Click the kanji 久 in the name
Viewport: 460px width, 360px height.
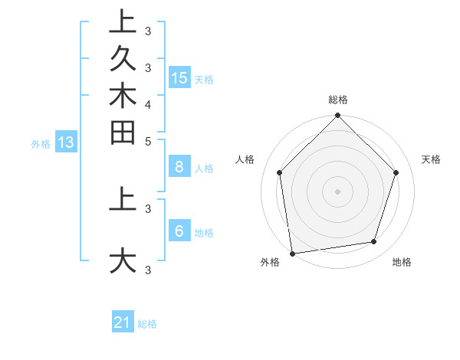(x=123, y=60)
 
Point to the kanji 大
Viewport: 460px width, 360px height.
(x=123, y=260)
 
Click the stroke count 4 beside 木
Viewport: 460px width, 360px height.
(x=148, y=104)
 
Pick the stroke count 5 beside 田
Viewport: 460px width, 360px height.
(x=148, y=142)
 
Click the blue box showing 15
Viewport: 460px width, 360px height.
(x=179, y=78)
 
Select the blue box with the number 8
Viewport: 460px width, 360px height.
(x=179, y=167)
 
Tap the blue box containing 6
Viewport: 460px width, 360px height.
(x=179, y=231)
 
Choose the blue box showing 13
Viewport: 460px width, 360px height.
(x=66, y=142)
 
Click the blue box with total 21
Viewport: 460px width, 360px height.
(x=123, y=322)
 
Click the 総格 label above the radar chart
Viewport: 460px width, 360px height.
(x=338, y=100)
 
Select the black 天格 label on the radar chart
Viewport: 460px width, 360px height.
(x=431, y=159)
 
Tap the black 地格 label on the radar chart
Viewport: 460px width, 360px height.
(x=402, y=262)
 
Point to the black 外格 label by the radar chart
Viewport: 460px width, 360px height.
(x=270, y=262)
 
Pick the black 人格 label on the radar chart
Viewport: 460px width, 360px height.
(x=245, y=159)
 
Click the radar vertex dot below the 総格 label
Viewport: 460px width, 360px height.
(x=338, y=116)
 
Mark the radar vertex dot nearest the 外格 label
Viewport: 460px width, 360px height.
(x=292, y=253)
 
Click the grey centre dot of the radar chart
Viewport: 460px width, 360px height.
(x=338, y=190)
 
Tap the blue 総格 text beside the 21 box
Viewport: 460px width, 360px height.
(x=147, y=324)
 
